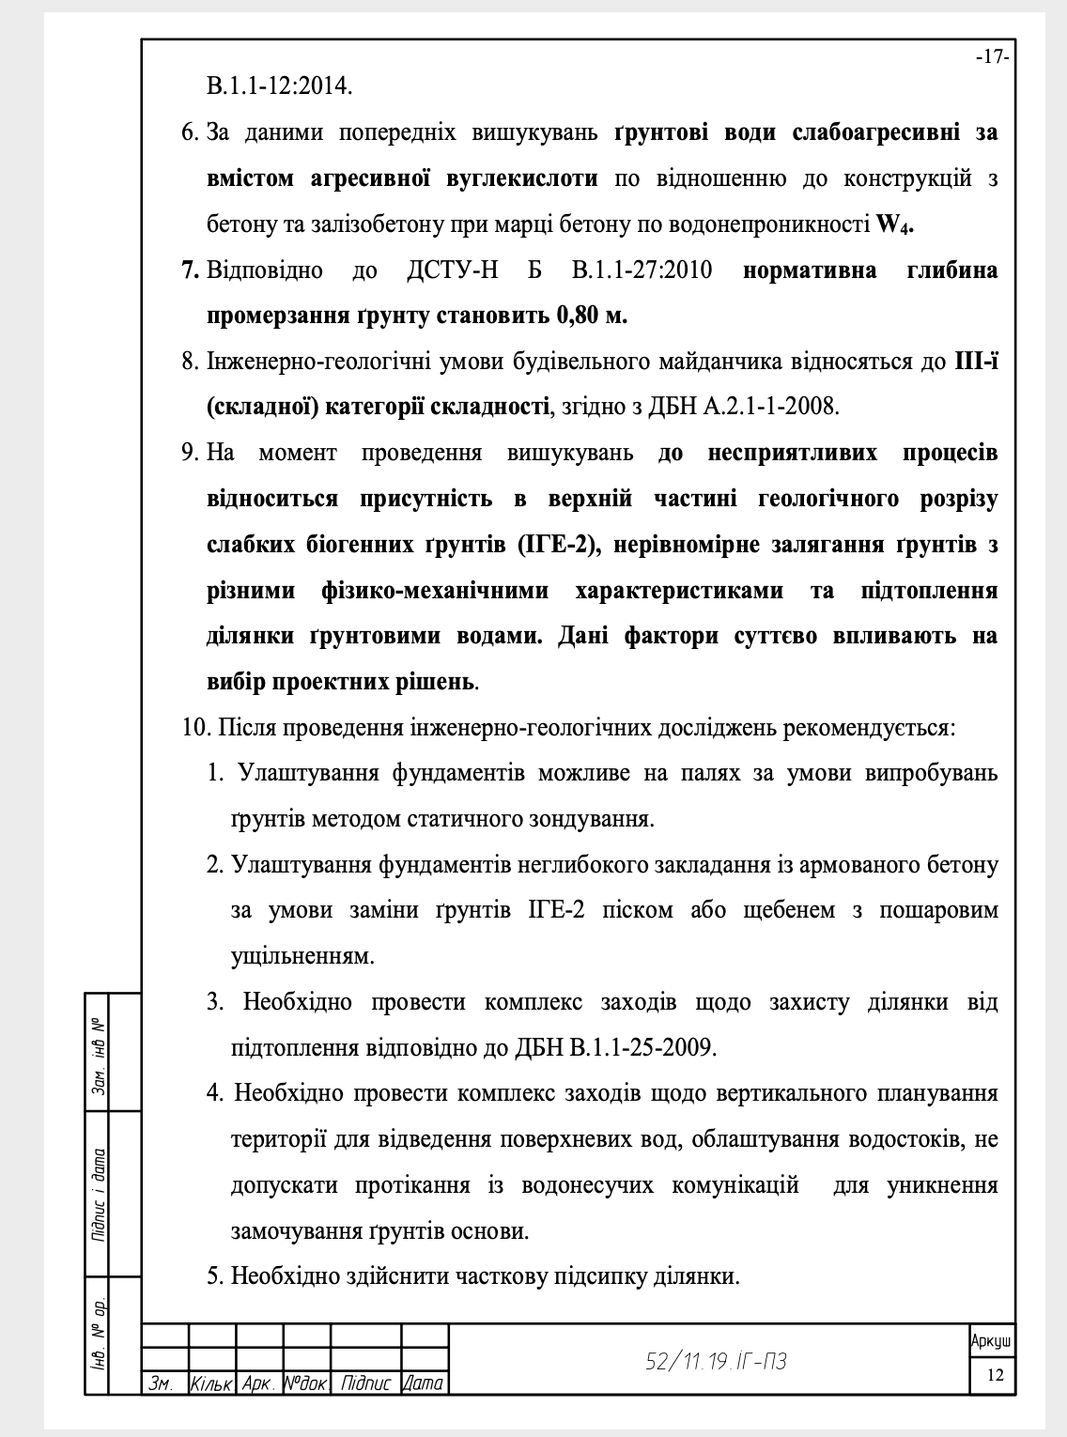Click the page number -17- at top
[992, 57]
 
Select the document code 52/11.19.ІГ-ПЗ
[716, 1361]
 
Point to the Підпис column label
[366, 1383]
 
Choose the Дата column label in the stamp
[423, 1383]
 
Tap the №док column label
[306, 1383]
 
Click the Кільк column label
[211, 1383]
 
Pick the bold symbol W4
[894, 225]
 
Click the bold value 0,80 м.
[592, 316]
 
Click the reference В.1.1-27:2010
[642, 270]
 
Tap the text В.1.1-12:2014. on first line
[280, 86]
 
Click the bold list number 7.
[190, 270]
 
